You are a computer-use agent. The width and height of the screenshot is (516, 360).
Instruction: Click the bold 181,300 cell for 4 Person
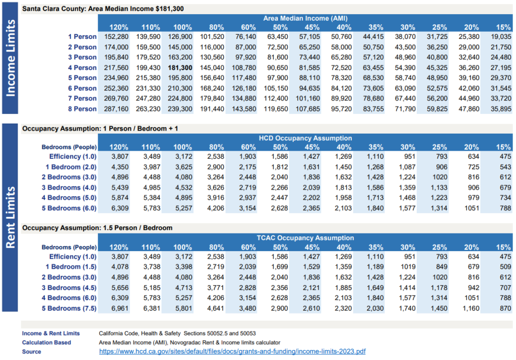[182, 68]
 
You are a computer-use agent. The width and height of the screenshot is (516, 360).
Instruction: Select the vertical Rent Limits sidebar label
[11, 217]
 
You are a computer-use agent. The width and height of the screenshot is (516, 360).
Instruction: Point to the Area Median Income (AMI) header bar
[305, 18]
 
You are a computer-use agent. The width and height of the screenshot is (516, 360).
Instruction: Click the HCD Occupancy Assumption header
[305, 138]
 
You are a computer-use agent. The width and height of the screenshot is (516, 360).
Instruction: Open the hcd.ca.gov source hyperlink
[232, 351]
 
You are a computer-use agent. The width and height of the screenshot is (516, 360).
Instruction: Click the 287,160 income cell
[116, 109]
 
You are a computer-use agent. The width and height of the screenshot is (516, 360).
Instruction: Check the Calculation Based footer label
[46, 342]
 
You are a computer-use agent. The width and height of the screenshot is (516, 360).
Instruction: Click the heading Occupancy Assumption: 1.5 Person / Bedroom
[97, 228]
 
